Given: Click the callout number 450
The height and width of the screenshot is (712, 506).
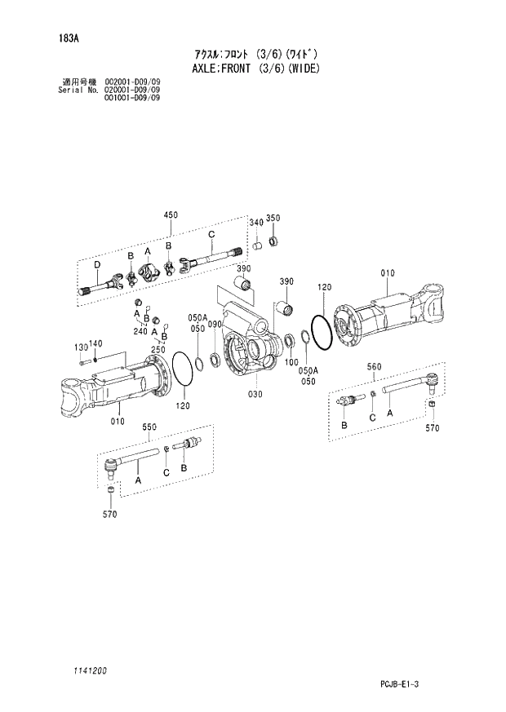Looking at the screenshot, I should tap(171, 214).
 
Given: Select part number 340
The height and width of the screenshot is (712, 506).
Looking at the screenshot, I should tap(255, 222).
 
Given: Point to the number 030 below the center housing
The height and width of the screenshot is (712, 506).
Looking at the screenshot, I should tap(255, 394).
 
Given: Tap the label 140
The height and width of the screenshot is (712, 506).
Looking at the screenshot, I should tap(95, 343).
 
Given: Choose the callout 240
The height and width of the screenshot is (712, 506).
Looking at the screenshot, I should tap(140, 332).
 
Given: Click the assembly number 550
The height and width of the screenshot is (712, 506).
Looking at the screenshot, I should tap(149, 427).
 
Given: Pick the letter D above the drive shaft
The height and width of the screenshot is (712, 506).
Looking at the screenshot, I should tap(96, 264).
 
